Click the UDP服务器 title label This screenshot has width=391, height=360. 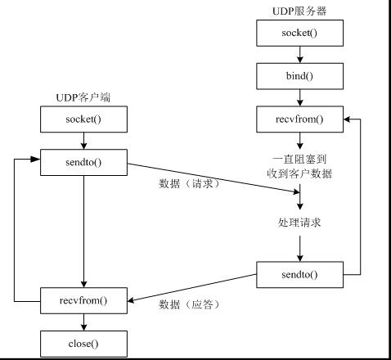pyautogui.click(x=300, y=11)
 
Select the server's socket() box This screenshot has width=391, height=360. pyautogui.click(x=300, y=34)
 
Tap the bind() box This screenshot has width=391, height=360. pyautogui.click(x=300, y=77)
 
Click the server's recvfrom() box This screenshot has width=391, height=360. pyautogui.click(x=300, y=120)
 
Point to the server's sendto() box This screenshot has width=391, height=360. pyautogui.click(x=300, y=274)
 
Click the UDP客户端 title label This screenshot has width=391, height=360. pyautogui.click(x=83, y=97)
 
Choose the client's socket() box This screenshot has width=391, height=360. pyautogui.click(x=83, y=119)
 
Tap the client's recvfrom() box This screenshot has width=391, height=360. pyautogui.click(x=83, y=300)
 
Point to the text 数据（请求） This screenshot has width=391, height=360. pyautogui.click(x=190, y=182)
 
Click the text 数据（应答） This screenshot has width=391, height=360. pyautogui.click(x=190, y=304)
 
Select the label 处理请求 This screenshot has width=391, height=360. pyautogui.click(x=300, y=222)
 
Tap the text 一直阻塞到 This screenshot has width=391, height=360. pyautogui.click(x=300, y=157)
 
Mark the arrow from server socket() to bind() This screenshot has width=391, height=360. pyautogui.click(x=300, y=55)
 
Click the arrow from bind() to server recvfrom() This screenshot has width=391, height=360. pyautogui.click(x=300, y=98)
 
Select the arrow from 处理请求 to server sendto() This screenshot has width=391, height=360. pyautogui.click(x=300, y=247)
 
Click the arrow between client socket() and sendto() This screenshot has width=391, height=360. pyautogui.click(x=83, y=140)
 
